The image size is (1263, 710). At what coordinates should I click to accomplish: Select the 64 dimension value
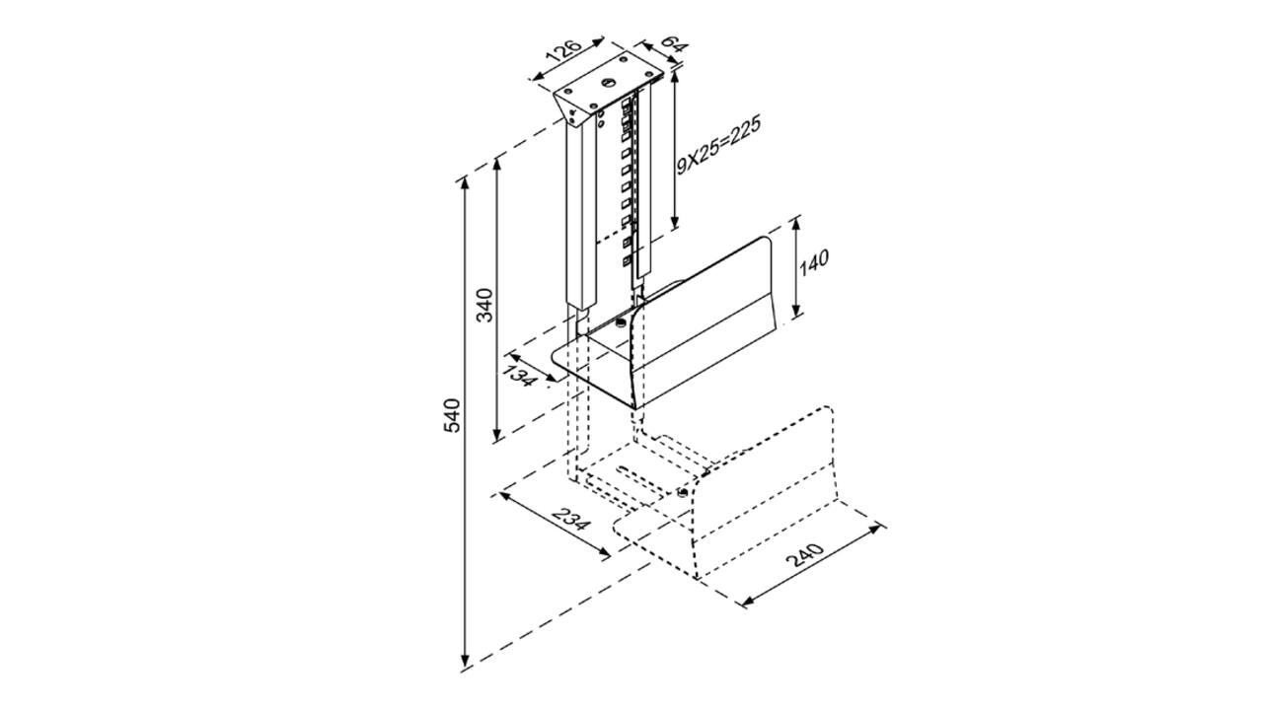click(673, 44)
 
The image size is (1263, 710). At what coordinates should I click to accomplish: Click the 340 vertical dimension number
click(484, 305)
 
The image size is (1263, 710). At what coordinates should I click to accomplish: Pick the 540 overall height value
click(452, 415)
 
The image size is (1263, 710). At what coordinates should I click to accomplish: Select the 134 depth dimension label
click(519, 376)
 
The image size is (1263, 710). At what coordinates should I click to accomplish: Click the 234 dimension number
click(571, 519)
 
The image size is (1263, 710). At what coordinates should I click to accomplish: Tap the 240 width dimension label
click(804, 555)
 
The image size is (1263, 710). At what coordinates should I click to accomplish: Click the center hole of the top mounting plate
click(607, 83)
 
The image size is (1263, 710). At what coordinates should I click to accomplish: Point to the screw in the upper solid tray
click(621, 322)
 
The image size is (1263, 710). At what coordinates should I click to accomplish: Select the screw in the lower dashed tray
click(683, 493)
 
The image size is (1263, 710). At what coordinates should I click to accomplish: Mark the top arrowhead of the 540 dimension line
click(465, 182)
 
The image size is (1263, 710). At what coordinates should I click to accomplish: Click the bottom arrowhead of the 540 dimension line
click(465, 661)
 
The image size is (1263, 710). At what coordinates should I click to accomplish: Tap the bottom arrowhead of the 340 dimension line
click(496, 435)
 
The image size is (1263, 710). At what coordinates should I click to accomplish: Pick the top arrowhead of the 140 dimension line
click(795, 223)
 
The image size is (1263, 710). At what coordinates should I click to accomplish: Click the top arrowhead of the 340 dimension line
click(496, 165)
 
